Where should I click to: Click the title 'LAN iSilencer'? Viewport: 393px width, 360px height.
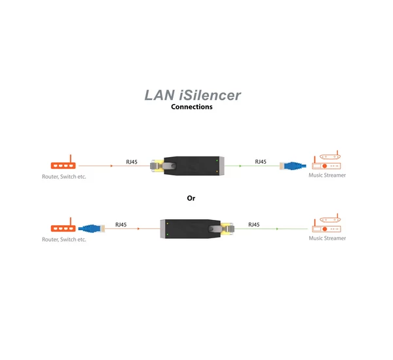(193, 96)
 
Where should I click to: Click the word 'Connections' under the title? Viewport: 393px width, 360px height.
(191, 107)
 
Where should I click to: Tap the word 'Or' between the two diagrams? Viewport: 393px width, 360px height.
(191, 198)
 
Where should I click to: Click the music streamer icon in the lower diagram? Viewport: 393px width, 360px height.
(326, 225)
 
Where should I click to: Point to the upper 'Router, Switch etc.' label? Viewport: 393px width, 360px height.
(64, 177)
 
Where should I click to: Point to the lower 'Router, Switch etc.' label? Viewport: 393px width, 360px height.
(64, 240)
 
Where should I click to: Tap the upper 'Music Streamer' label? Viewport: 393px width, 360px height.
(327, 175)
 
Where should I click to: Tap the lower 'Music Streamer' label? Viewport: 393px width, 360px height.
(327, 238)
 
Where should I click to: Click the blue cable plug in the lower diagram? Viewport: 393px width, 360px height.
(91, 228)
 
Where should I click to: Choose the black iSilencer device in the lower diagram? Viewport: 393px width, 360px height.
(190, 229)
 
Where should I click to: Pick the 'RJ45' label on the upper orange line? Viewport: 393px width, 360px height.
(132, 162)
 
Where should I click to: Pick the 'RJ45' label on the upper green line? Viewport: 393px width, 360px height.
(260, 162)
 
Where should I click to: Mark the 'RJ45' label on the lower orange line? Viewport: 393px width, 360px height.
(121, 225)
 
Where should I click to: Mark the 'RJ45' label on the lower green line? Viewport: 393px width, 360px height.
(253, 225)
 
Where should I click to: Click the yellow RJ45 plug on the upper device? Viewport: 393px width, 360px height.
(157, 166)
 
